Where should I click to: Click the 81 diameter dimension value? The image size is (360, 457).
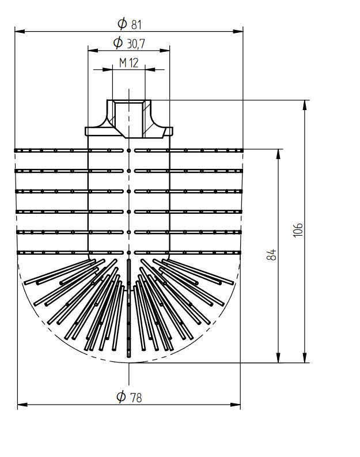[x=137, y=25]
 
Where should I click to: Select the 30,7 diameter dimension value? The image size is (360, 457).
[x=136, y=44]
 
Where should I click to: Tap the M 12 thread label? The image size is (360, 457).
[x=129, y=63]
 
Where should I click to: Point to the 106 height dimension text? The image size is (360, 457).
[x=298, y=231]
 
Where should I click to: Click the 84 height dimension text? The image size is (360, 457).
[x=271, y=255]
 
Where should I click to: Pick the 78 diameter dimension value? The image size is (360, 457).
[x=136, y=398]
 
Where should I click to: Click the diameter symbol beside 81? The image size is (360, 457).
[x=122, y=23]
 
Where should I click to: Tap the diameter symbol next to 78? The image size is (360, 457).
[x=121, y=396]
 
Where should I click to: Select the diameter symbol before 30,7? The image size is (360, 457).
[x=118, y=43]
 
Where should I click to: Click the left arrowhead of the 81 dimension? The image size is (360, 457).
[x=20, y=31]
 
